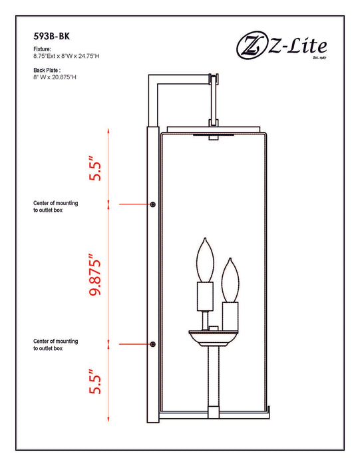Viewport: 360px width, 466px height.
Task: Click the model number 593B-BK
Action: tap(51, 36)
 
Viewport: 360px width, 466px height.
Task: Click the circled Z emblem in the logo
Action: tap(252, 45)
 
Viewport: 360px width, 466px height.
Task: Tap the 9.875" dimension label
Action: tap(94, 274)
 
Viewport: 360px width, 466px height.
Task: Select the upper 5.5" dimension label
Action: tap(94, 168)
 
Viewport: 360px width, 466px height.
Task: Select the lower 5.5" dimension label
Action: tap(94, 381)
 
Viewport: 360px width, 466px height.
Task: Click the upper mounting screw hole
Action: tap(152, 204)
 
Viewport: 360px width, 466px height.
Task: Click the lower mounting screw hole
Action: tap(152, 344)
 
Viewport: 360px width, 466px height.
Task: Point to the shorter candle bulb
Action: tap(230, 280)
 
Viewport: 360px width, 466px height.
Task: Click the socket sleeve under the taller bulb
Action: tap(205, 297)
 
